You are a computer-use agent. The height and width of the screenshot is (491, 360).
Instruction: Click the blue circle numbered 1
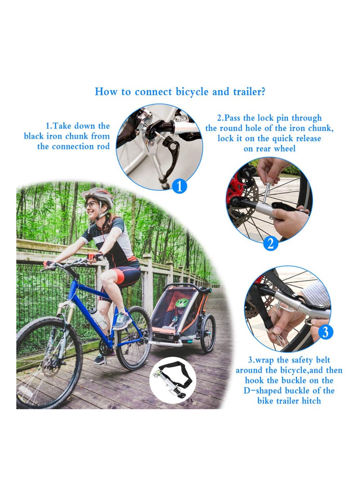pos(179,186)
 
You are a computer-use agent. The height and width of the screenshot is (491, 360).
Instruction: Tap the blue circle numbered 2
pos(270,243)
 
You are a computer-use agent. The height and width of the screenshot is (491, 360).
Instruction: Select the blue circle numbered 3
pos(326,332)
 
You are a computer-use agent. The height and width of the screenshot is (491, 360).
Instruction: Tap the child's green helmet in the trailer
pos(182,302)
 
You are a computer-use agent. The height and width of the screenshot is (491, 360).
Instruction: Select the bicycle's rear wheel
pos(134,338)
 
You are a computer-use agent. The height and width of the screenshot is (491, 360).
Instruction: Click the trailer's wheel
pos(207,333)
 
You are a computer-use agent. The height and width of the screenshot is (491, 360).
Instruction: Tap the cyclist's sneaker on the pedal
pos(122,321)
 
